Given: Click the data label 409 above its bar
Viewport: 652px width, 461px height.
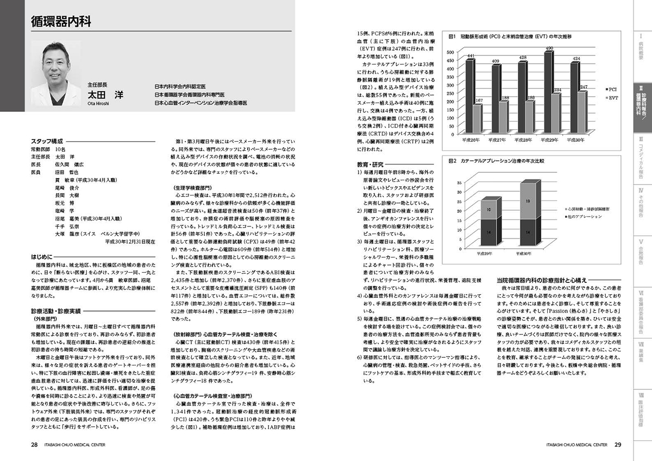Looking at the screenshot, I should point(496,61).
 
